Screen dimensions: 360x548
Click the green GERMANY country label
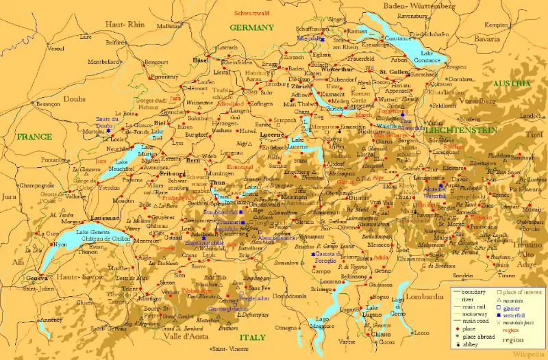coord(251,28)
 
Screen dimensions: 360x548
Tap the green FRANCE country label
coord(35,137)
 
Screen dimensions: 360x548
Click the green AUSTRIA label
coord(512,83)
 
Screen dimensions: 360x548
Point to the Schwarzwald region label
coord(252,13)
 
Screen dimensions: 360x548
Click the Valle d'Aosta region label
coord(173,336)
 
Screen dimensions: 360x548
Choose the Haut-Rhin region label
coord(125,24)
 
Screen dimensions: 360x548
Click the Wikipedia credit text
coord(527,355)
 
